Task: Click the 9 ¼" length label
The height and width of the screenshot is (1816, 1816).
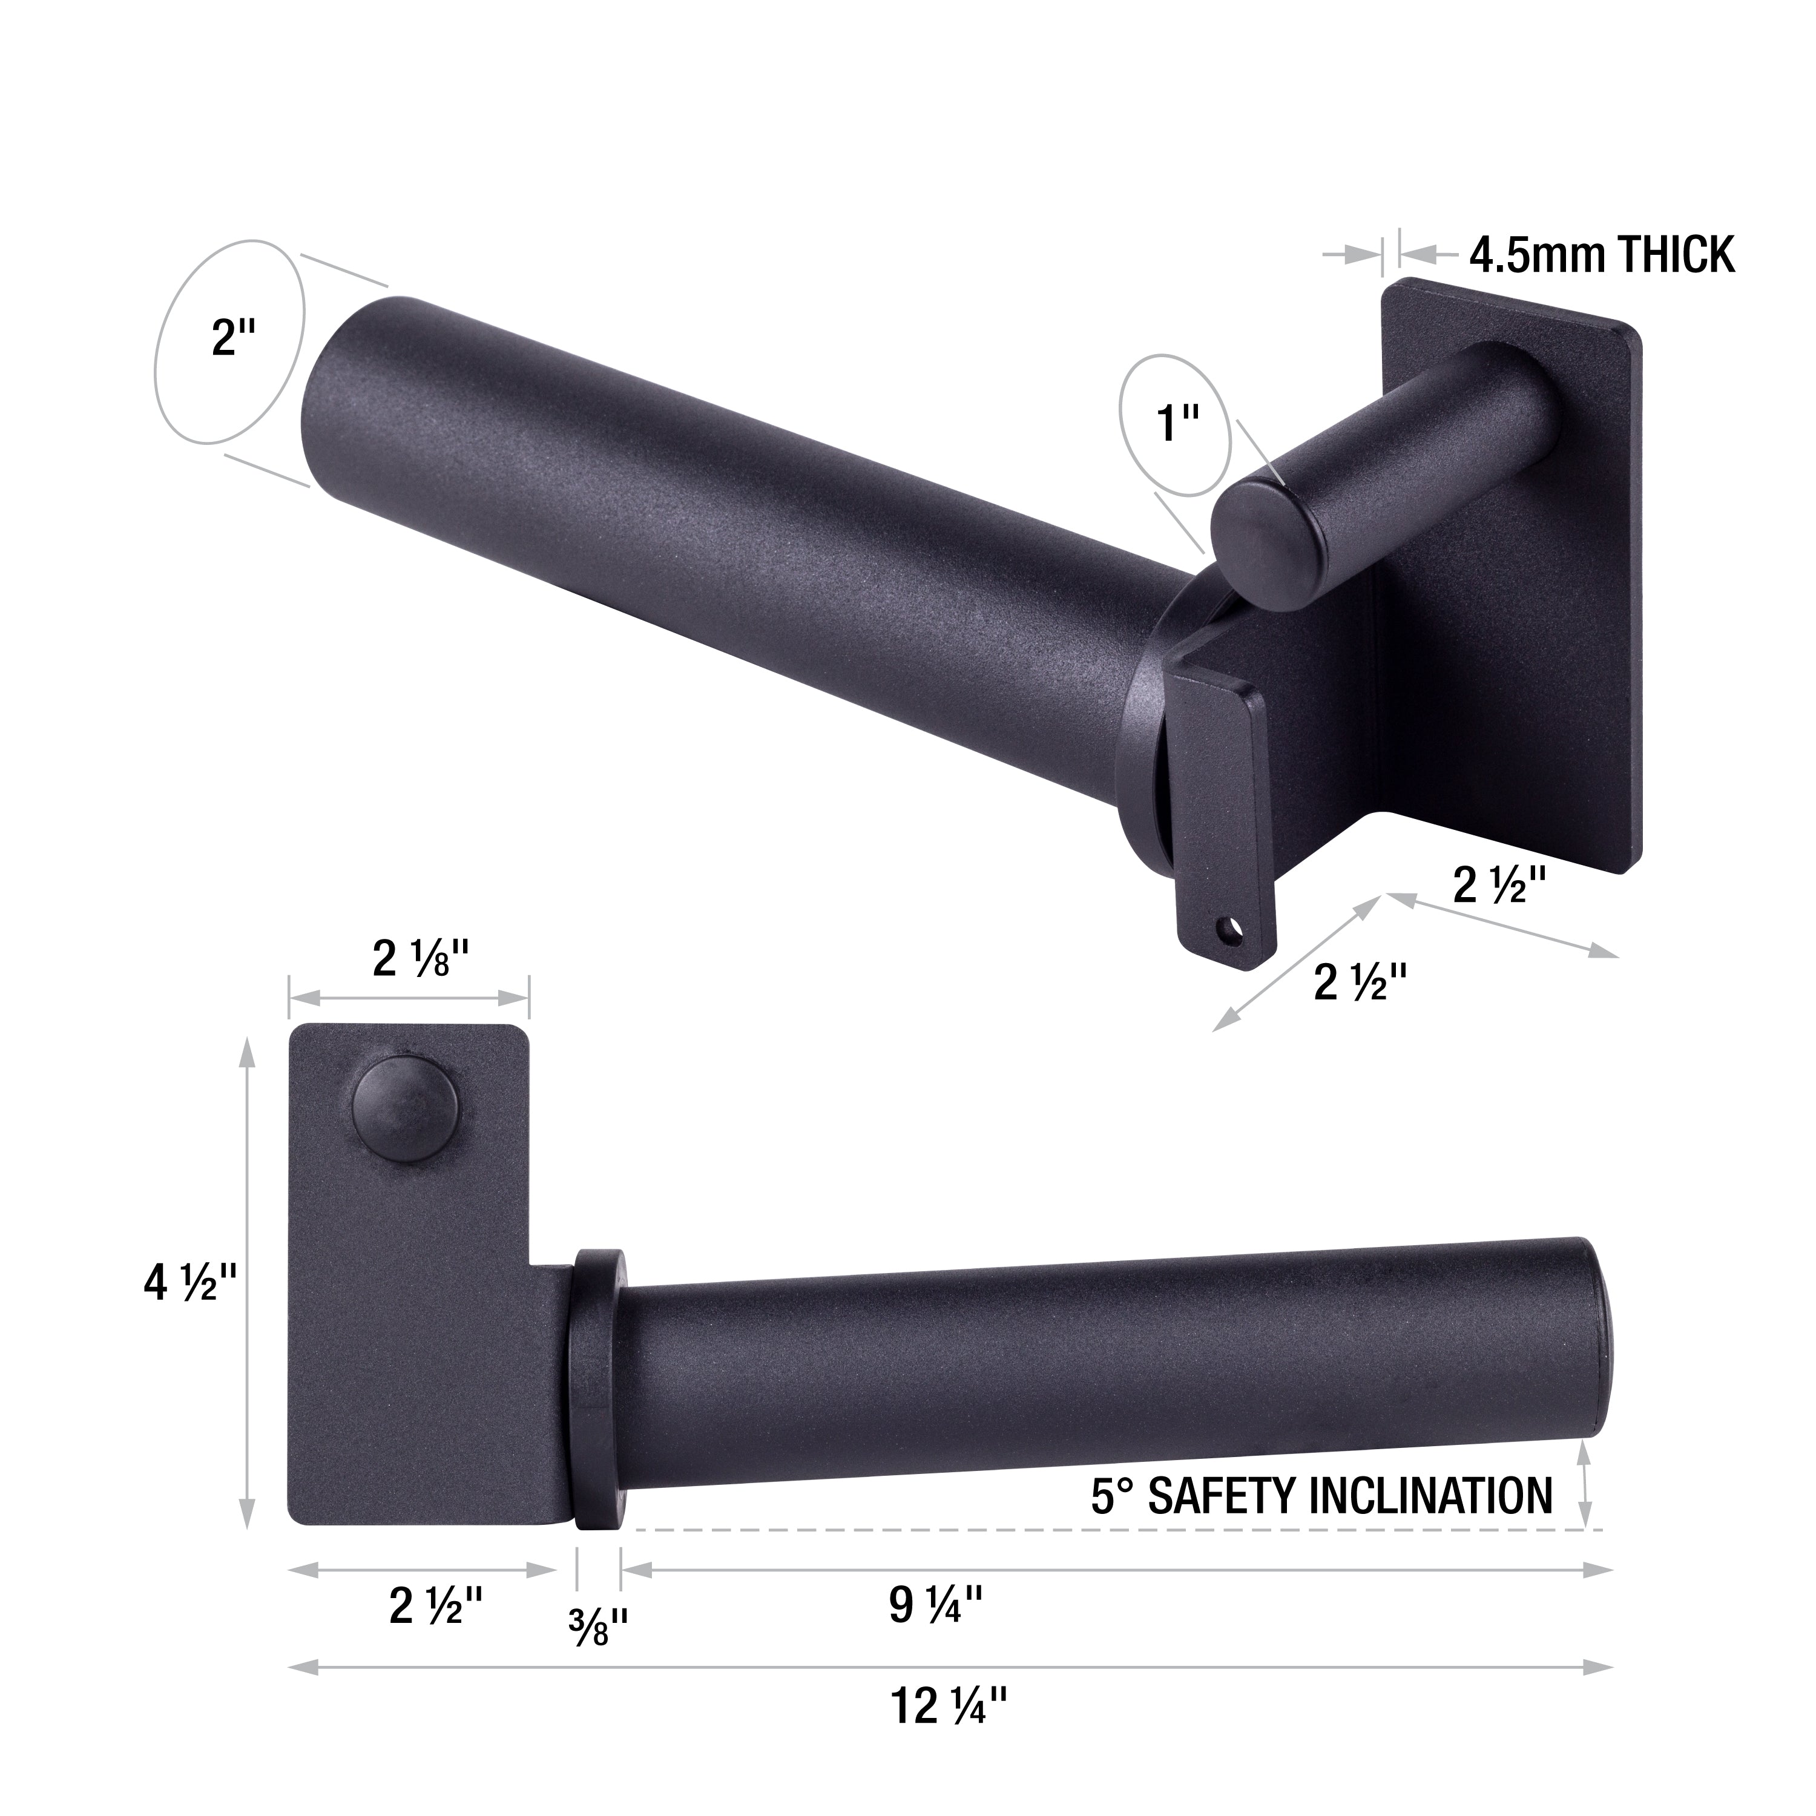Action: (935, 1605)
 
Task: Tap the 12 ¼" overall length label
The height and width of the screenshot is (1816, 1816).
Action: (949, 1731)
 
